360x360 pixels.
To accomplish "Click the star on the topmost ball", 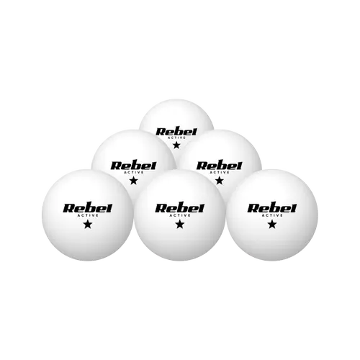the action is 176,145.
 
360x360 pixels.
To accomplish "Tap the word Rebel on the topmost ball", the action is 176,132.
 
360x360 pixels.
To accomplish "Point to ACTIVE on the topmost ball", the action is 176,138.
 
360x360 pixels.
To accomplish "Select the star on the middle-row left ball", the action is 133,181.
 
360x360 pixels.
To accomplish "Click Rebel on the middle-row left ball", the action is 133,166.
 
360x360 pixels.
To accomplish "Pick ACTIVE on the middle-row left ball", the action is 133,172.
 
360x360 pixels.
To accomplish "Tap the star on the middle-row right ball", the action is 219,181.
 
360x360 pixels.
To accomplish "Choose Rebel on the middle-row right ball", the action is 219,166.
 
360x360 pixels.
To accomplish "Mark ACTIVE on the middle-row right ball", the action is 219,172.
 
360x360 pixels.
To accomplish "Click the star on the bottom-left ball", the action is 88,225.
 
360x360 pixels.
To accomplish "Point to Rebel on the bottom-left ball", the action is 88,209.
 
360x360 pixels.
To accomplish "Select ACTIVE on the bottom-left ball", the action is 88,215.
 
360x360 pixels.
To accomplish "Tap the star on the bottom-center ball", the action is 180,225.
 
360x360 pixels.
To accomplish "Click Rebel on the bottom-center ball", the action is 180,209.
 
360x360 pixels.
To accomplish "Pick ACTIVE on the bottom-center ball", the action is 180,215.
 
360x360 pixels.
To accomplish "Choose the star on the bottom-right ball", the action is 272,225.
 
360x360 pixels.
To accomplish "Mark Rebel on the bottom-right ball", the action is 272,209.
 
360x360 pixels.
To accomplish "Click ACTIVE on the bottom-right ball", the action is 272,215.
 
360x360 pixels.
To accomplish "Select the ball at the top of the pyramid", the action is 176,115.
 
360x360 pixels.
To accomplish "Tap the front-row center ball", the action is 180,215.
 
